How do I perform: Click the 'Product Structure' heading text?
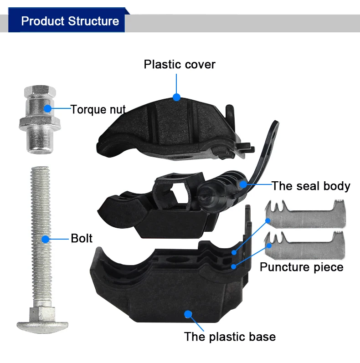[70, 21]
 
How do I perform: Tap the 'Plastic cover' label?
[180, 64]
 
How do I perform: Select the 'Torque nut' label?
[98, 109]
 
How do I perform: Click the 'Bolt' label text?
[82, 238]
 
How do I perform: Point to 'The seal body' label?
[311, 186]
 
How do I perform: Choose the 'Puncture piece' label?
[301, 267]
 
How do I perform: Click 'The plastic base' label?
[230, 337]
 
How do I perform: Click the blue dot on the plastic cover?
[176, 97]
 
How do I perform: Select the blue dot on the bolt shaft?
[46, 238]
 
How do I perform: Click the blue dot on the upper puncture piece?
[268, 220]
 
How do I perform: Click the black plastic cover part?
[150, 123]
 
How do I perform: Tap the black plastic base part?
[150, 287]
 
